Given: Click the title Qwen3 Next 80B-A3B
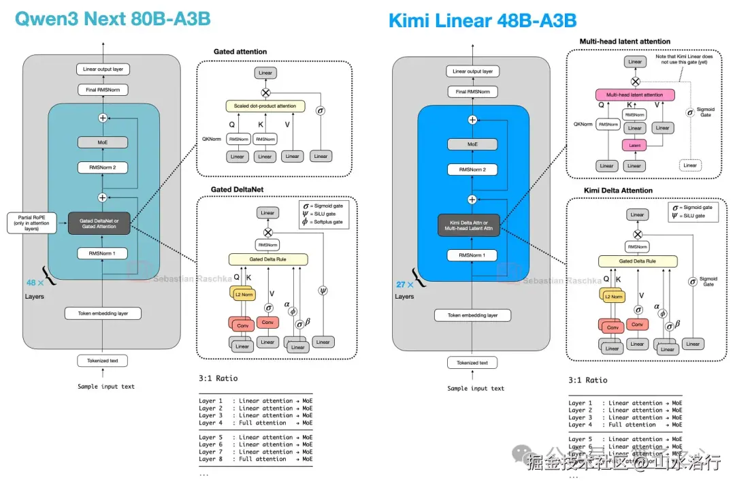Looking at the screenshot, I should pos(113,18).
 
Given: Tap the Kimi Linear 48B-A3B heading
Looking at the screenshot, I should pos(483,20).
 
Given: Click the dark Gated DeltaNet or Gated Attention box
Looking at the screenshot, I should pos(99,223).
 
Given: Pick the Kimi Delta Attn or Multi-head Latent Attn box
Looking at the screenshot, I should pos(470,226).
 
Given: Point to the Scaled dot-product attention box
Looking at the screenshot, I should pos(265,107).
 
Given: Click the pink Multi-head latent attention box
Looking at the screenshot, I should pos(634,95).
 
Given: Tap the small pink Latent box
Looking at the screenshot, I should pos(634,145).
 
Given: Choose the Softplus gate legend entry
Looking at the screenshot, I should pos(325,222).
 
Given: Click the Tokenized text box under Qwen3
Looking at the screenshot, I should pos(102,361).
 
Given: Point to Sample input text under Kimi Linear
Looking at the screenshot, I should pos(476,388).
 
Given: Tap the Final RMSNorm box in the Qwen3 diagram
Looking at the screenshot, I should pos(102,90).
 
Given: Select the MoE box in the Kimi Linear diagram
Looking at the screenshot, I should pos(472,144).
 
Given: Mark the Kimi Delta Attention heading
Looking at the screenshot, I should pos(618,191).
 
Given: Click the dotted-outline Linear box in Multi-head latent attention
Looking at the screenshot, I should pos(690,165).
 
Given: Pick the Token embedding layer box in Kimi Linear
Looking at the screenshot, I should pos(472,315).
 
